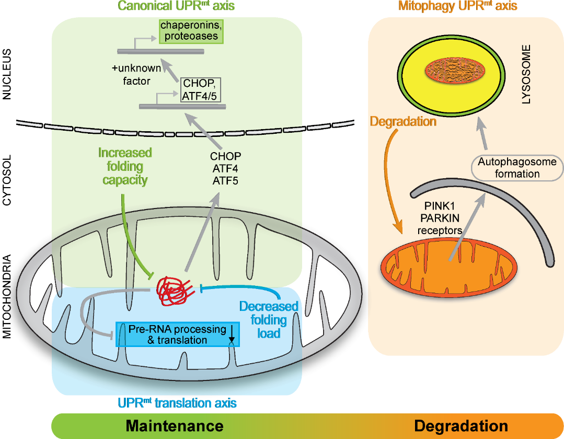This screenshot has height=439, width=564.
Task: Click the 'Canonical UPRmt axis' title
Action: click(177, 6)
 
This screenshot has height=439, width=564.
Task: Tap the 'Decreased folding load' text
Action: click(269, 319)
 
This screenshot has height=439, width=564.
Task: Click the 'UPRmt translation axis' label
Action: click(177, 403)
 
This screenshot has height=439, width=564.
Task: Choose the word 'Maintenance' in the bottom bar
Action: click(175, 425)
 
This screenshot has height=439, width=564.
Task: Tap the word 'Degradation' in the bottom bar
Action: click(461, 425)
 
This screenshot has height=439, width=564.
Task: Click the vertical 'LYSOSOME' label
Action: click(526, 74)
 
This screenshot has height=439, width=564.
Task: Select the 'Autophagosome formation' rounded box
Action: click(516, 168)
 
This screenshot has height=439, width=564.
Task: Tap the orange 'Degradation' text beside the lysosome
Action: click(402, 122)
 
